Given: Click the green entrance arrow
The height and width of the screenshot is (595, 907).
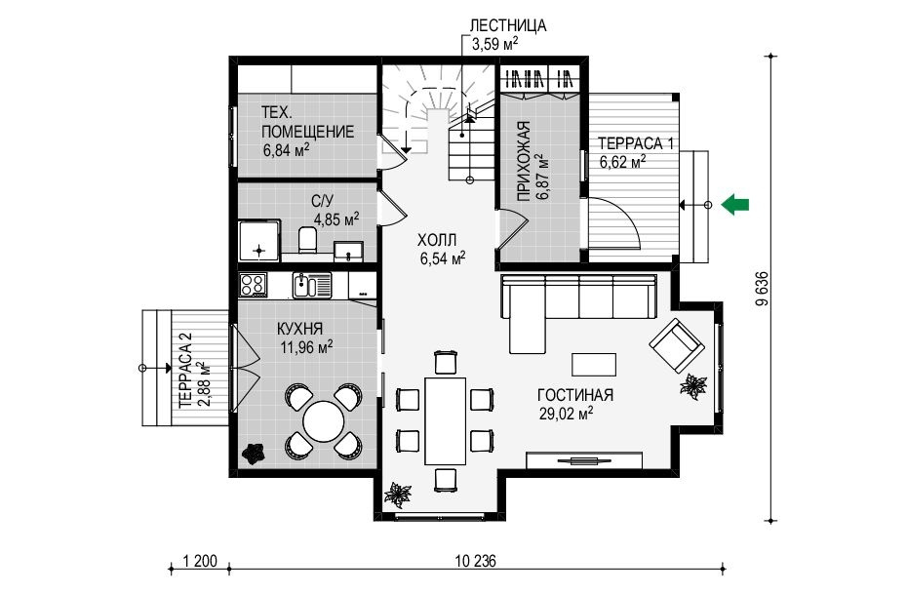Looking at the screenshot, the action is (735, 204).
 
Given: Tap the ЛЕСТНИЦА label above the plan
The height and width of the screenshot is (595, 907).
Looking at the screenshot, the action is (508, 26).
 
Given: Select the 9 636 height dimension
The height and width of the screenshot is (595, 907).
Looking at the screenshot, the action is (763, 289).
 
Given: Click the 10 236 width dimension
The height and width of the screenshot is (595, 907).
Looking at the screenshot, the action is (476, 561).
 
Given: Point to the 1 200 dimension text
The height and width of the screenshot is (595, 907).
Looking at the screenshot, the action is (200, 561).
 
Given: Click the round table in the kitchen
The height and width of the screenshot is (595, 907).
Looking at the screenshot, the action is (324, 421).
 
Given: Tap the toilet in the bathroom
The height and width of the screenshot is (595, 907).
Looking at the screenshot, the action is (307, 239).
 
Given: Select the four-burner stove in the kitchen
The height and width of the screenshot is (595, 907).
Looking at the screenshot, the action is (253, 285).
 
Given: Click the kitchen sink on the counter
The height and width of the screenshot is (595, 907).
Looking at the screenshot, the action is (312, 285).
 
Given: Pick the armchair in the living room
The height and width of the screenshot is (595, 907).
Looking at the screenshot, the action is (677, 346).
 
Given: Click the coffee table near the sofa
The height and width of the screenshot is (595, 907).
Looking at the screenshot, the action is (594, 365).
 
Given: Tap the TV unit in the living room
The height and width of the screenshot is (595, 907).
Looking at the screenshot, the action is (584, 460).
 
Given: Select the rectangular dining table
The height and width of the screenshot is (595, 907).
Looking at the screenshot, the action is (446, 420).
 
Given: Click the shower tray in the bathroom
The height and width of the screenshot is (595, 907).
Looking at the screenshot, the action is (259, 240).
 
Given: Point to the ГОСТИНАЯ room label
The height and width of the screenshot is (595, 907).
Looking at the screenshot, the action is (575, 395).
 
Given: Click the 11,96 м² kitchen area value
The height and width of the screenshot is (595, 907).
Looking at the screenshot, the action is (306, 348).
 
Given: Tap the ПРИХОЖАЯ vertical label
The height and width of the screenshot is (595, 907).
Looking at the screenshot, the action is (524, 161).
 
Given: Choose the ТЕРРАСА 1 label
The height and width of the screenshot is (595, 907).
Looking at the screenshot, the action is (636, 143).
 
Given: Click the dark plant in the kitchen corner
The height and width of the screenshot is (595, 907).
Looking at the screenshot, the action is (253, 454).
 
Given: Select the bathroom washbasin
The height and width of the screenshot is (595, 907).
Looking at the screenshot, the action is (349, 252).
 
